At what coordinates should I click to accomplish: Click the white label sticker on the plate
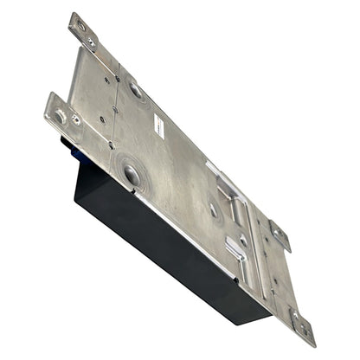(160, 125)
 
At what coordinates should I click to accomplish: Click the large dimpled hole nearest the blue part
(132, 175)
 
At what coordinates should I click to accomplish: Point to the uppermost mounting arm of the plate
(85, 35)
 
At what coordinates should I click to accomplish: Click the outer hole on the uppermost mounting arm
(80, 26)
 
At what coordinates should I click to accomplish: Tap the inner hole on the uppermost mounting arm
(91, 42)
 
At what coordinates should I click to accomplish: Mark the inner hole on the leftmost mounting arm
(75, 119)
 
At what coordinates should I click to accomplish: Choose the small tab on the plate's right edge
(279, 234)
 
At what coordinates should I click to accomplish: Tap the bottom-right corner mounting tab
(299, 324)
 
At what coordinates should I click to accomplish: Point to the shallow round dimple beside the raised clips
(214, 210)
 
